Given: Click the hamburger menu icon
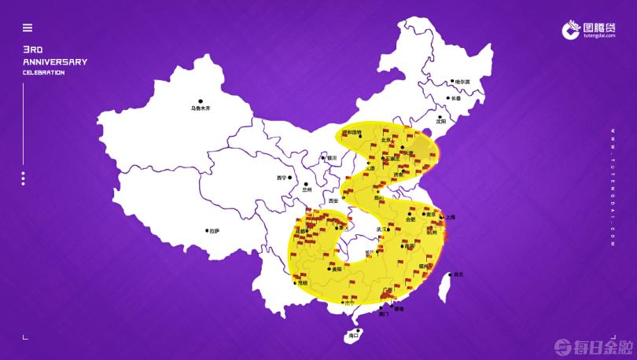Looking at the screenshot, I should click(28, 28).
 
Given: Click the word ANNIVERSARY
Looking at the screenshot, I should click(55, 61).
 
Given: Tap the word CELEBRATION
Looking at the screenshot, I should click(44, 73).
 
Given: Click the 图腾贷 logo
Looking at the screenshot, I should click(591, 31).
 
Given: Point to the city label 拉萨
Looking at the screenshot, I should click(213, 231).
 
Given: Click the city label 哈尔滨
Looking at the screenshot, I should click(462, 82).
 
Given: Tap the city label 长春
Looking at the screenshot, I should click(456, 98).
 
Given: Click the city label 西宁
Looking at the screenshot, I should click(282, 178).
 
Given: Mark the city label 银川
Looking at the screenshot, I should click(331, 158).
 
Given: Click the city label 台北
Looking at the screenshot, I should click(458, 274).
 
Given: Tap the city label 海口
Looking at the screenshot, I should click(353, 336).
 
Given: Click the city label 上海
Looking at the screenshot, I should click(450, 216).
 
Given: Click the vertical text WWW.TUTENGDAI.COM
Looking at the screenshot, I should click(612, 189).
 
